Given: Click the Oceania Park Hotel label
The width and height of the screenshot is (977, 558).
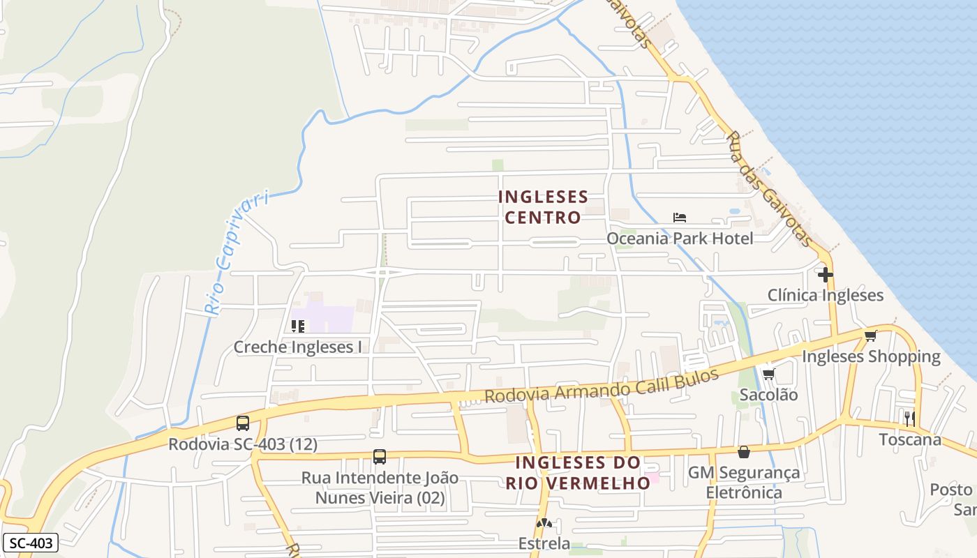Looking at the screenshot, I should (x=680, y=239).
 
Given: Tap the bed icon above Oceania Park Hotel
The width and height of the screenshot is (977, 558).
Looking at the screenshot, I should (x=679, y=218).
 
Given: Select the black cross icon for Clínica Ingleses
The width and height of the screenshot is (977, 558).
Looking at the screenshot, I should (x=826, y=275).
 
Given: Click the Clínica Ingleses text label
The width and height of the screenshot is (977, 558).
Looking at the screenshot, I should (x=826, y=295).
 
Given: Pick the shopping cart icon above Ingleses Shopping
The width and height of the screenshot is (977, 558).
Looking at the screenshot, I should (x=870, y=336).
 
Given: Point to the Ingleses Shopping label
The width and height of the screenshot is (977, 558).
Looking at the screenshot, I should (x=871, y=356).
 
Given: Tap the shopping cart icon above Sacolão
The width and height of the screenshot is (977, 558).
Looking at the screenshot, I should (x=768, y=375).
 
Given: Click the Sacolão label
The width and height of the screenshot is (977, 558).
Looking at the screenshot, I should (x=768, y=395).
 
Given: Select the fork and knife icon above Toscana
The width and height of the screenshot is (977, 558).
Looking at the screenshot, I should (x=909, y=418).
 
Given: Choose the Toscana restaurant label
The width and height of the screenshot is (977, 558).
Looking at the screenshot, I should (x=909, y=439).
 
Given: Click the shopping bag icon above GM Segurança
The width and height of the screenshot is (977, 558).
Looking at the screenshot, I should (x=744, y=452).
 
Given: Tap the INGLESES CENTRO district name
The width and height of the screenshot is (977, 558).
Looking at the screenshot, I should (x=543, y=207).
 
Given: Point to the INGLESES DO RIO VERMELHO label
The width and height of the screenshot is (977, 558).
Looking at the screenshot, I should (x=578, y=472).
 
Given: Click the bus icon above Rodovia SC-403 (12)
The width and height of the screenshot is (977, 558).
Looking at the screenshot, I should (x=243, y=423).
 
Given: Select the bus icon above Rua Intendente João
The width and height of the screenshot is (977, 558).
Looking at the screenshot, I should (x=379, y=457).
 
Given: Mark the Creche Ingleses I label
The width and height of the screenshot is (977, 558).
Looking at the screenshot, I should (x=297, y=347).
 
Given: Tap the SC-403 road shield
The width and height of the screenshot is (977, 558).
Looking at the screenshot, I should (x=30, y=543).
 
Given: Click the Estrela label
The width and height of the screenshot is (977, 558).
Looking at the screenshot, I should (x=544, y=543).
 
